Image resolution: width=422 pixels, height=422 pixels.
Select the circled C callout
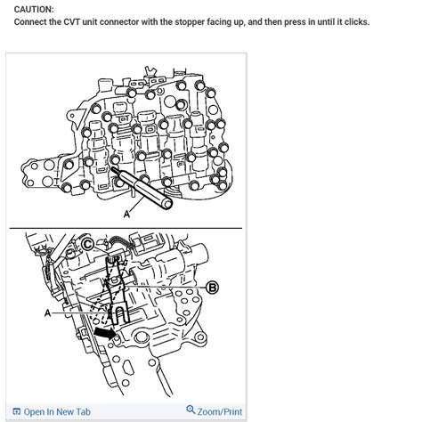point(88,242)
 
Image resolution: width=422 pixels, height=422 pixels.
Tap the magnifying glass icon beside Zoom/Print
point(191,410)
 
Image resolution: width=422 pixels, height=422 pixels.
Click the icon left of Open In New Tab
point(17,411)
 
